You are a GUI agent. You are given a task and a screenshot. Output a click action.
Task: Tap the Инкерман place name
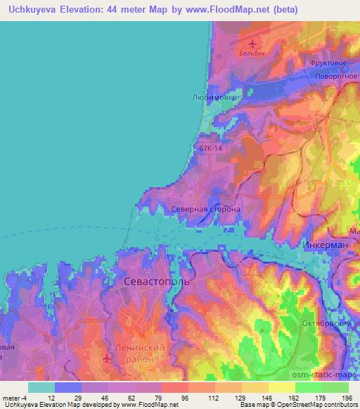[326, 244]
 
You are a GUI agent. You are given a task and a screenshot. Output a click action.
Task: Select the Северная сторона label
[206, 209]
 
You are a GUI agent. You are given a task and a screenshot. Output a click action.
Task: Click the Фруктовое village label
[328, 63]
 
